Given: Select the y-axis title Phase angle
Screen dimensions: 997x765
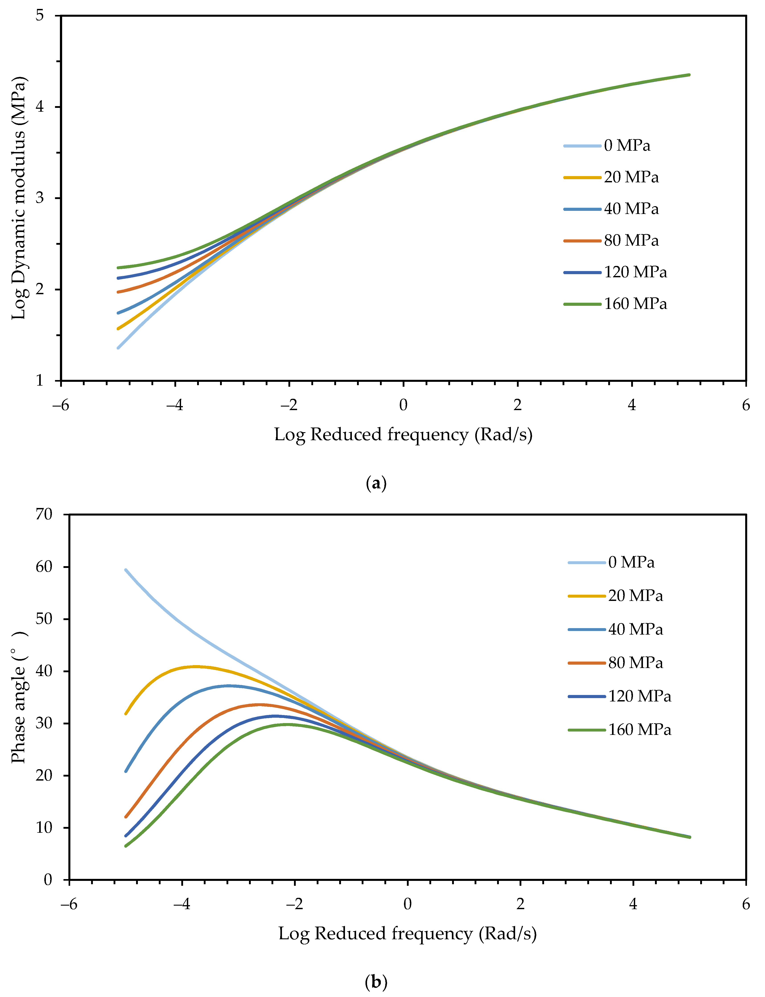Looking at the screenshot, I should point(19,697).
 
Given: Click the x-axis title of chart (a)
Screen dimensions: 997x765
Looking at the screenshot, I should point(403,435).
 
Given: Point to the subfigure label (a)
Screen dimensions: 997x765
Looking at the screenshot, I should point(376,483).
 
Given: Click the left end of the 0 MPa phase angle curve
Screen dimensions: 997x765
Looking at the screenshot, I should point(126,570).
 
